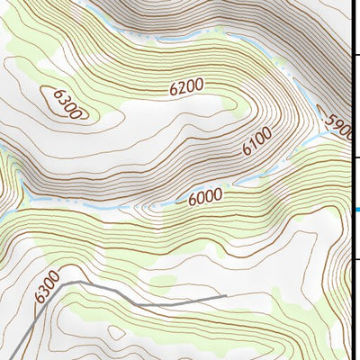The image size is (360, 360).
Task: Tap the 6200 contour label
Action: click(x=187, y=87)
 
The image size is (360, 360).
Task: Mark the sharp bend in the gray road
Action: click(x=65, y=282)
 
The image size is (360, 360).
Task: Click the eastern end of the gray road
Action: click(x=225, y=296)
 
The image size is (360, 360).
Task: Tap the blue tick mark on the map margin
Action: click(x=356, y=210)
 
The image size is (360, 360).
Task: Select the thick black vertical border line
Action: click(x=350, y=180)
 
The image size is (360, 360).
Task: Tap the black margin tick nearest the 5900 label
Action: click(x=355, y=157)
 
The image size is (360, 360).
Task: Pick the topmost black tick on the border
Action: click(x=355, y=56)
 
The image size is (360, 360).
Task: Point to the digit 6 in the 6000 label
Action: click(x=192, y=199)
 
